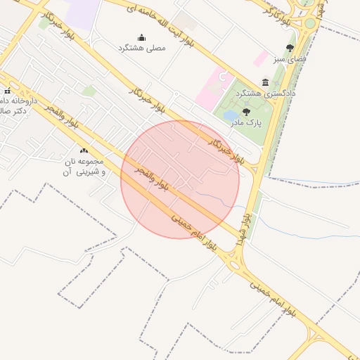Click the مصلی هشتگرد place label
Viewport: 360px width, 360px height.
click(x=141, y=48)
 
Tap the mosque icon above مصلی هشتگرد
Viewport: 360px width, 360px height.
click(x=141, y=38)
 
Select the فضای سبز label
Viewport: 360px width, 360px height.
click(x=290, y=59)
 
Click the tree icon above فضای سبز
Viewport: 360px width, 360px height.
click(x=290, y=48)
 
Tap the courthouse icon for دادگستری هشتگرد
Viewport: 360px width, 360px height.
click(x=265, y=82)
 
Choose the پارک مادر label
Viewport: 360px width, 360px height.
click(x=245, y=122)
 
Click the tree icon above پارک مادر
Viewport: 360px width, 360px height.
click(x=245, y=112)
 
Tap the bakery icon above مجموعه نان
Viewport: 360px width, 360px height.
click(x=84, y=150)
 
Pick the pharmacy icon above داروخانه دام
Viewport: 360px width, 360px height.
click(x=8, y=91)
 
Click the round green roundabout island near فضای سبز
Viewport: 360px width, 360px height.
click(x=309, y=24)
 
